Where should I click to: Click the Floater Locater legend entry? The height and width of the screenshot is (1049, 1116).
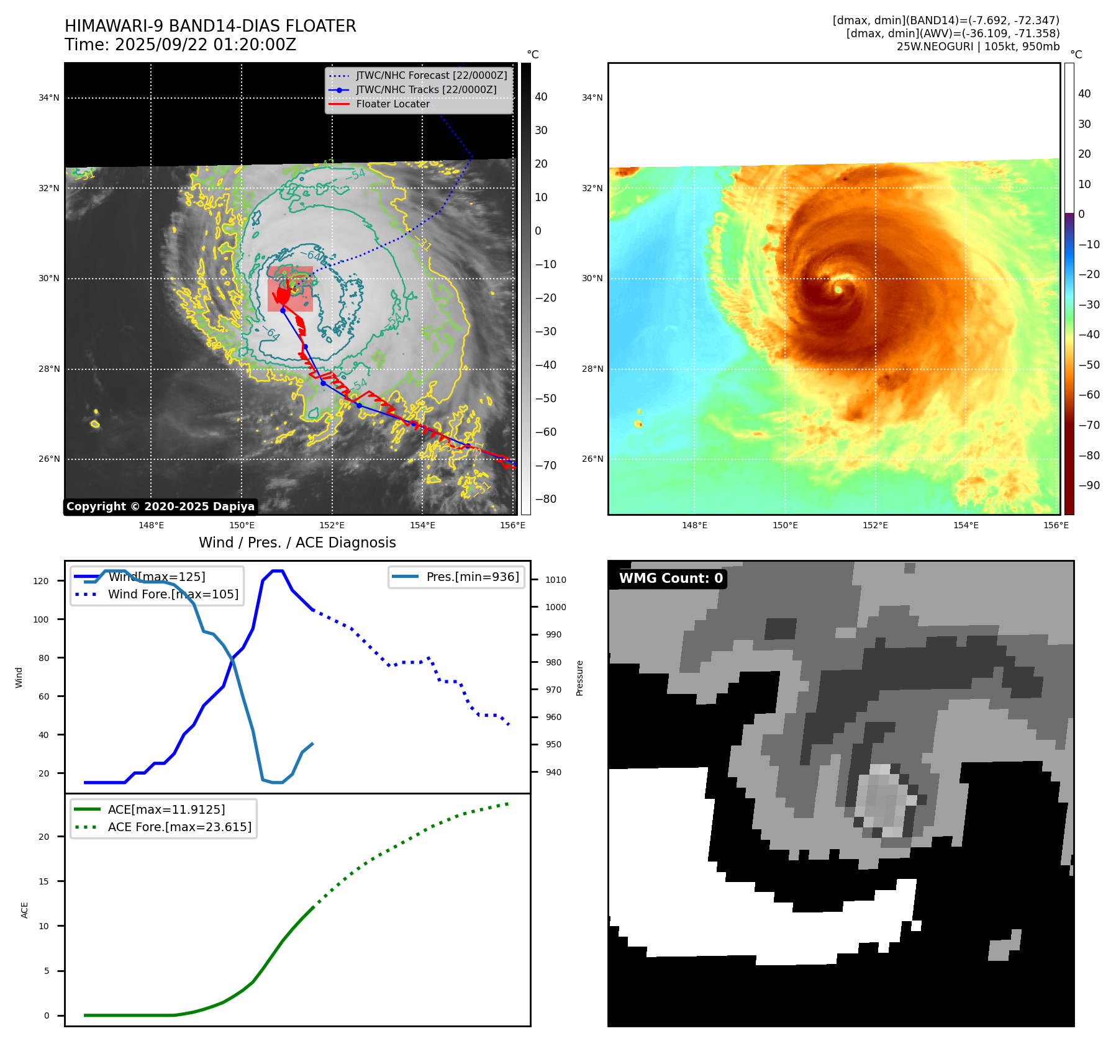392,104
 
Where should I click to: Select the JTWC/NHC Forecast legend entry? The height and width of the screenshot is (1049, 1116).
431,75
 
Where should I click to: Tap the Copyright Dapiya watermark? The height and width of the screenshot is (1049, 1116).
160,506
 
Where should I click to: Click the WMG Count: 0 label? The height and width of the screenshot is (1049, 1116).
671,579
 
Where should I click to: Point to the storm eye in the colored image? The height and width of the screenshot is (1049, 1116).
838,289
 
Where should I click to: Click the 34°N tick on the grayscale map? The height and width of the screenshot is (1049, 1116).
49,97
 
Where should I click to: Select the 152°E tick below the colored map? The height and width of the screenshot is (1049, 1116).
875,525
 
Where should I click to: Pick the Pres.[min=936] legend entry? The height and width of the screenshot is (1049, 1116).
472,577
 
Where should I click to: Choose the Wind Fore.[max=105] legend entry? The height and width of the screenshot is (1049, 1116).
173,594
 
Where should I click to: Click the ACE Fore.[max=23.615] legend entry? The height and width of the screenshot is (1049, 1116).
179,827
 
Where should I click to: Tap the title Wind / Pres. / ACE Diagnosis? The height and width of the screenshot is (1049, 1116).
297,543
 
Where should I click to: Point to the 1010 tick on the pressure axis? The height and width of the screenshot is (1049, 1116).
556,580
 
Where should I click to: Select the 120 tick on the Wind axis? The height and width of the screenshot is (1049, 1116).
41,581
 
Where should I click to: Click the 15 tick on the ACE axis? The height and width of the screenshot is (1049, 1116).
43,881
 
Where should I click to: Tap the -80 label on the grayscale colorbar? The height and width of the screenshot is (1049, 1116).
546,499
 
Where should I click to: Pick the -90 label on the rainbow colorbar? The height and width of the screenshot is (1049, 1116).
1089,485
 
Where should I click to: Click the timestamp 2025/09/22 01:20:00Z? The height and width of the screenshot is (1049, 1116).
206,45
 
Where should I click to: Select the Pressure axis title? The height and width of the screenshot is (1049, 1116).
579,678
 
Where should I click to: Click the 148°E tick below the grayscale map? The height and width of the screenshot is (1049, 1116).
151,525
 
